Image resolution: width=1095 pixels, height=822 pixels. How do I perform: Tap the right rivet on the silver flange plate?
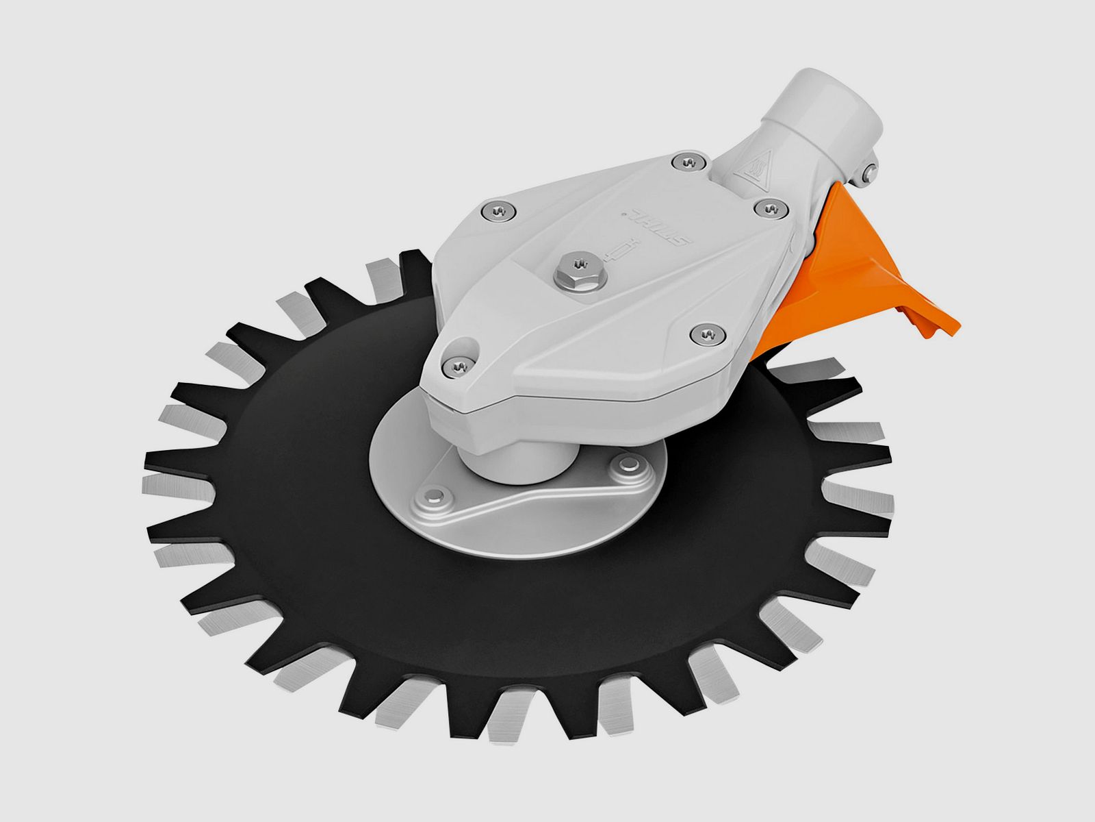coord(624,466)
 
